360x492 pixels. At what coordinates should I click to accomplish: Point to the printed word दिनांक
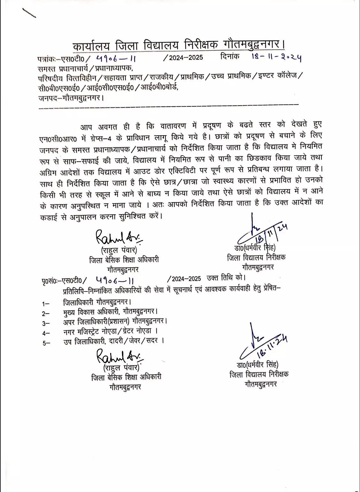tap(230, 57)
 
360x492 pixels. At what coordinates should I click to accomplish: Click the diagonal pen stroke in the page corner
tap(29, 13)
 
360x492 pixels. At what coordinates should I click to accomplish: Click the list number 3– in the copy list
tap(46, 323)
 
